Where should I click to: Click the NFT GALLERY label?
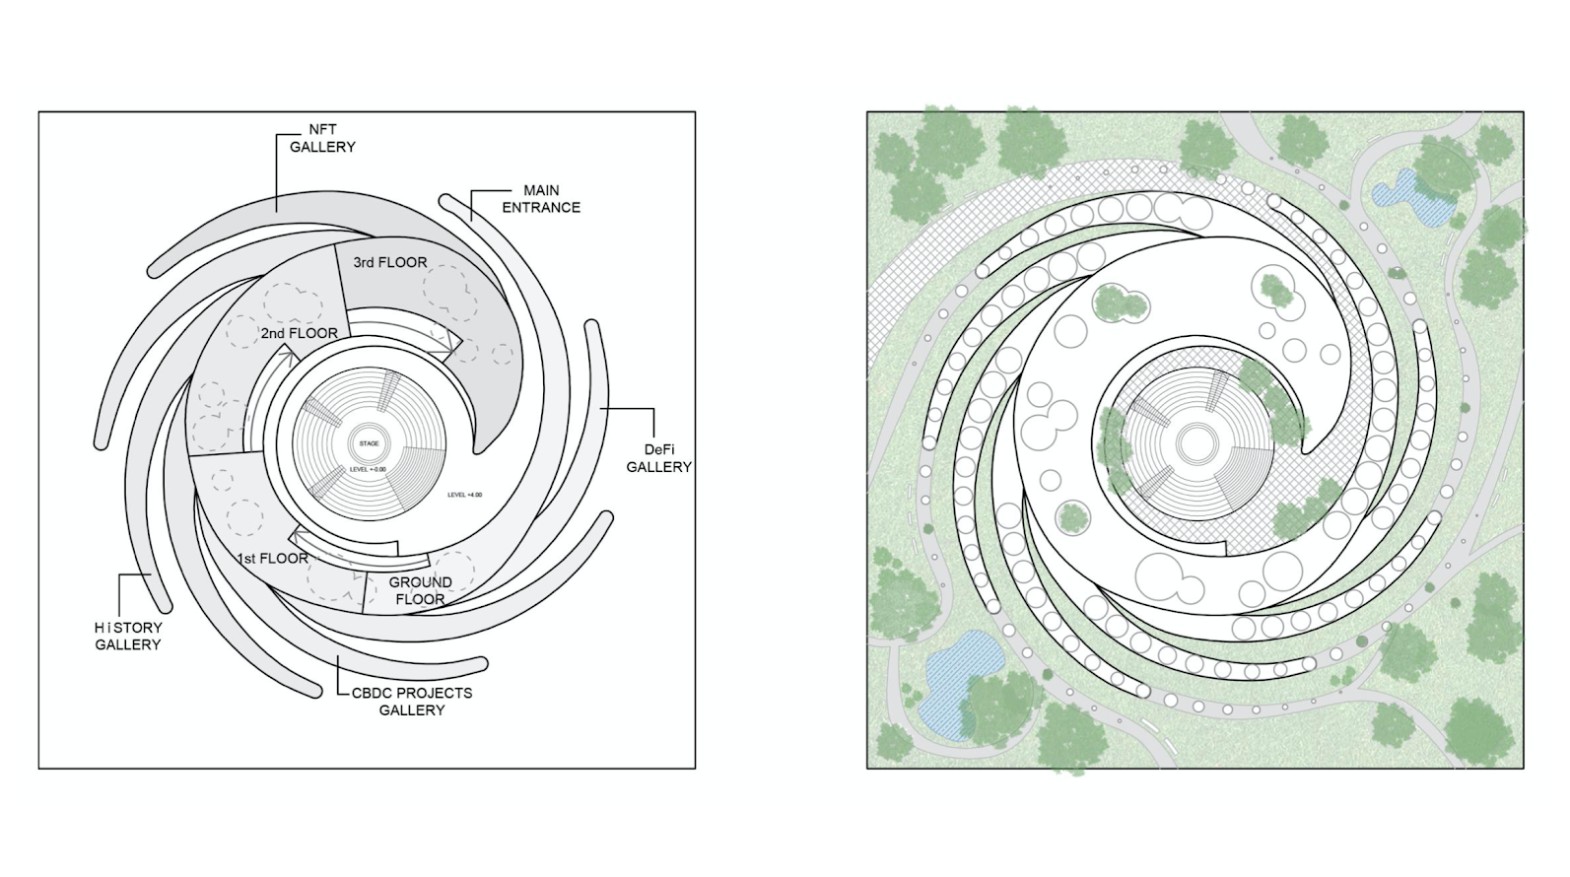[322, 138]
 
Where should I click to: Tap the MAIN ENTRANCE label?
[541, 198]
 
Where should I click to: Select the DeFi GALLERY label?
[658, 458]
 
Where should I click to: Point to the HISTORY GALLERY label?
[128, 636]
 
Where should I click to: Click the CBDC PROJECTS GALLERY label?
[412, 701]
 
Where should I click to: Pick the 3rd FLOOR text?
[390, 262]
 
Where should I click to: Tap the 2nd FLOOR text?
[300, 333]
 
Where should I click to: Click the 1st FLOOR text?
[273, 558]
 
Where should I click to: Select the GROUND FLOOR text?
[421, 590]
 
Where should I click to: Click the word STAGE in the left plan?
[369, 443]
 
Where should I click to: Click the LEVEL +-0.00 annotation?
[368, 469]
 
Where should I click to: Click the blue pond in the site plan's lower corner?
[951, 680]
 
